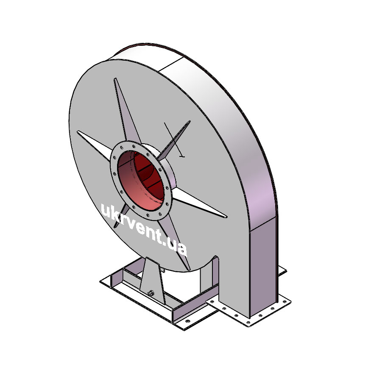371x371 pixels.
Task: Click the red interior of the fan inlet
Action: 141,181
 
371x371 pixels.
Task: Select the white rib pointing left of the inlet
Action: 95,144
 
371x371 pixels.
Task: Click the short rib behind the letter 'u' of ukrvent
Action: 121,216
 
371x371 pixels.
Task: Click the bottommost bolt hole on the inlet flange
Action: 148,215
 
